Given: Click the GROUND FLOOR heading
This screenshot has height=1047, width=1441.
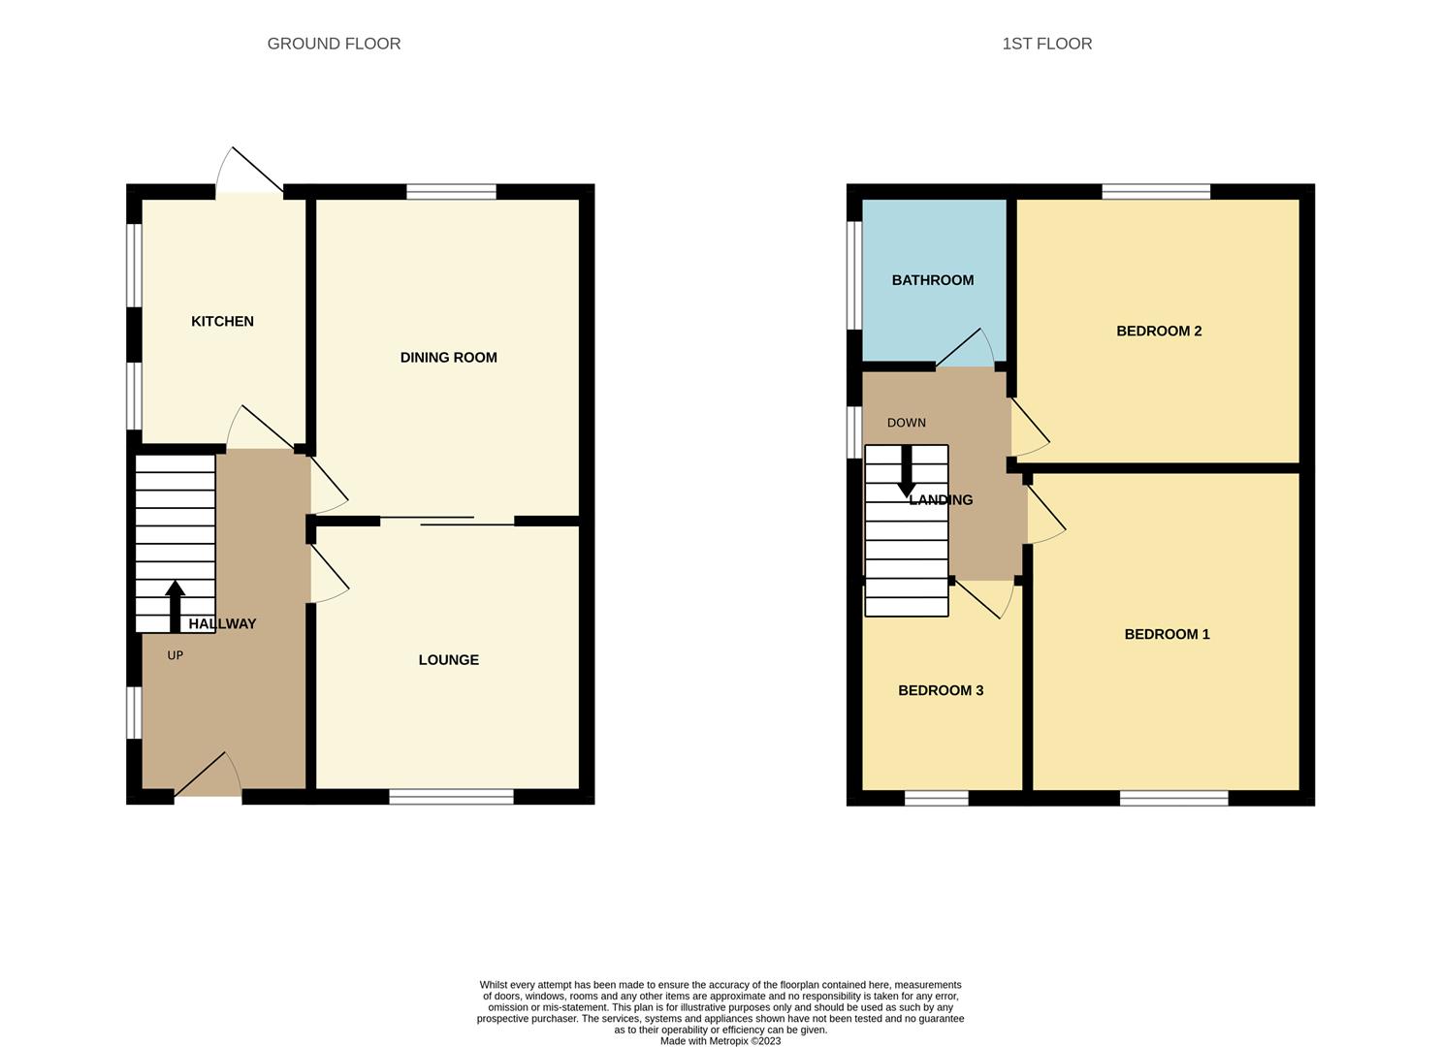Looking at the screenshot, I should (334, 44).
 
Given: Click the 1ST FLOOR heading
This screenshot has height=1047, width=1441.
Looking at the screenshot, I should (1046, 44).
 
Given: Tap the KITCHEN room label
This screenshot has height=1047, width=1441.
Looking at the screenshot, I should (222, 321).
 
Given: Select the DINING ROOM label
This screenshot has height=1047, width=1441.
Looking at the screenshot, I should (448, 358).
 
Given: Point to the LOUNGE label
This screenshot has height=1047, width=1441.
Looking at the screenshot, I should (448, 660).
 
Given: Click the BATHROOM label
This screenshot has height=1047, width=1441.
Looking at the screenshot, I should (932, 280).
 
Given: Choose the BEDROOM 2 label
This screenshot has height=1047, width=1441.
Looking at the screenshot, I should (1159, 331).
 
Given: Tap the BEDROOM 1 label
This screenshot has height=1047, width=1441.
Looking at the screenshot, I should (1167, 634).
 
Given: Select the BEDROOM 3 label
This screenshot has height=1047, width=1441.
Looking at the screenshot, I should (940, 690).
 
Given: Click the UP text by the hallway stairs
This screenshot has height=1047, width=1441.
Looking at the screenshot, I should (175, 655).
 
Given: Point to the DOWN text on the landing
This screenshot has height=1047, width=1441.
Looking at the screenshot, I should (906, 423).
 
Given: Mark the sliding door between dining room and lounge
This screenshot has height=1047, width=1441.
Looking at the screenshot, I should (447, 521).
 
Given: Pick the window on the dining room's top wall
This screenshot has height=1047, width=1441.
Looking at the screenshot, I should (451, 192).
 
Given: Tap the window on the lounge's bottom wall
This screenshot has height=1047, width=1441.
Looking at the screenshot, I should (451, 797).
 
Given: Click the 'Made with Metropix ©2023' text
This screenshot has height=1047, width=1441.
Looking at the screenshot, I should (720, 1041).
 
